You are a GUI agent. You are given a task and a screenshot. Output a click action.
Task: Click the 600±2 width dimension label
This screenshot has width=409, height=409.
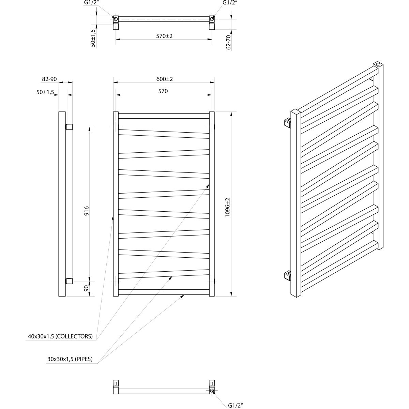[165, 79]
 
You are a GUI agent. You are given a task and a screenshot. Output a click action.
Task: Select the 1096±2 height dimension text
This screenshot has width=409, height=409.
[227, 208]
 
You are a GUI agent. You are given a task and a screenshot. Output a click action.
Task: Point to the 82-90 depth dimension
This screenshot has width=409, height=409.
[49, 79]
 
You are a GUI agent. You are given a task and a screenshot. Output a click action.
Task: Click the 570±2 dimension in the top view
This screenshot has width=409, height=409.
[165, 36]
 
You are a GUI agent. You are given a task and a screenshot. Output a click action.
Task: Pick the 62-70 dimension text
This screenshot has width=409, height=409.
[228, 42]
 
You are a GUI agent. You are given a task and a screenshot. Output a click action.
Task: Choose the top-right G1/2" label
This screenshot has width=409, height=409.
[230, 3]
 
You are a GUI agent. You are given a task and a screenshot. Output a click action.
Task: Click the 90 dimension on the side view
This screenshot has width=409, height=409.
[86, 288]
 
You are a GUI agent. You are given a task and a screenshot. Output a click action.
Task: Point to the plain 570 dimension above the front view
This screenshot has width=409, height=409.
[163, 91]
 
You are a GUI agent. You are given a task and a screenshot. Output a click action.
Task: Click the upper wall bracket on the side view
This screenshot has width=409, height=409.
[69, 127]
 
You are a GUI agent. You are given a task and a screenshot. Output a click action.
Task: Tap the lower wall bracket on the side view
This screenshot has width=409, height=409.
[69, 281]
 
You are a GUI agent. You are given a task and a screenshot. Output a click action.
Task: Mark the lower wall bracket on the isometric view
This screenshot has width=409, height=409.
[288, 275]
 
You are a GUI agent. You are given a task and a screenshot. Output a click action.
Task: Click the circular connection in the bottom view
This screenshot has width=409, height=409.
[212, 391]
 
